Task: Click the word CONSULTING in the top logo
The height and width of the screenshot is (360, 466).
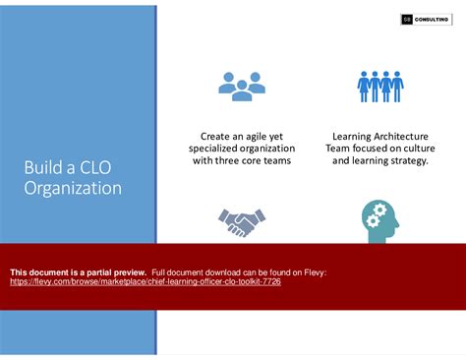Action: pyautogui.click(x=432, y=19)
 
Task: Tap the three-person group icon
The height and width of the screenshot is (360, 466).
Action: pyautogui.click(x=241, y=87)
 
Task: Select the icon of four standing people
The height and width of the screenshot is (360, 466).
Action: pyautogui.click(x=379, y=87)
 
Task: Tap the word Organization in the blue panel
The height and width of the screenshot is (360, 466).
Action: pyautogui.click(x=73, y=188)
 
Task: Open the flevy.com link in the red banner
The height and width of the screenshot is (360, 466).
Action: pyautogui.click(x=146, y=280)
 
